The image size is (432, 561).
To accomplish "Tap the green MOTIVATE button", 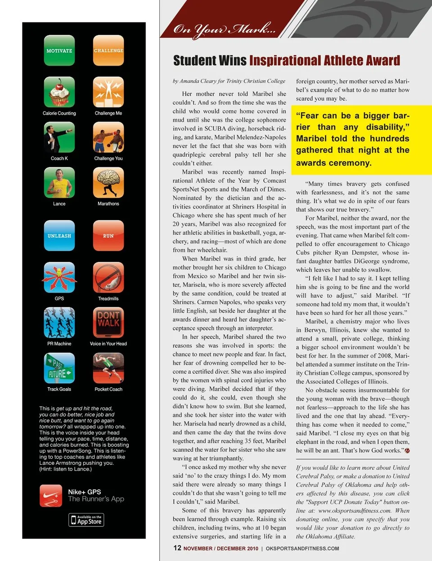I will [59, 50].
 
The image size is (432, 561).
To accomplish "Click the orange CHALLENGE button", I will [108, 50].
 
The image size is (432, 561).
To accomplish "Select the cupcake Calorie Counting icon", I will [59, 92].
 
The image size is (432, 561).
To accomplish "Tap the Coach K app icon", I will [59, 137].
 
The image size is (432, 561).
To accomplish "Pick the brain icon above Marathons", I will [108, 183].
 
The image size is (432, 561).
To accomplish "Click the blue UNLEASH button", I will [59, 235].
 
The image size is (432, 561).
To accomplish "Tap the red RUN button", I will [108, 235].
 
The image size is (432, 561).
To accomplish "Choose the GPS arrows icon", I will [59, 278].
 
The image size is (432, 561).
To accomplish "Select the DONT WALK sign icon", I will [108, 323].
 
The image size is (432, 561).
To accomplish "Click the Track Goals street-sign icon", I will [59, 368].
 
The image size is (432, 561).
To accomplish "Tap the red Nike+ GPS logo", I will [51, 495].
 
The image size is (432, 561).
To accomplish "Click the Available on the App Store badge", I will [86, 520].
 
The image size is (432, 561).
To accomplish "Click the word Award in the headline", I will [381, 61].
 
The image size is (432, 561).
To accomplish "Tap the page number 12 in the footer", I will [177, 548].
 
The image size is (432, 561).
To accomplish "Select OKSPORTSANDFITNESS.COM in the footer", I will [302, 548].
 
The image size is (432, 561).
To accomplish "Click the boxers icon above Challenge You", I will [108, 137].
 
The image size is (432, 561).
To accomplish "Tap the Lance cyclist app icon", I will [59, 183].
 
